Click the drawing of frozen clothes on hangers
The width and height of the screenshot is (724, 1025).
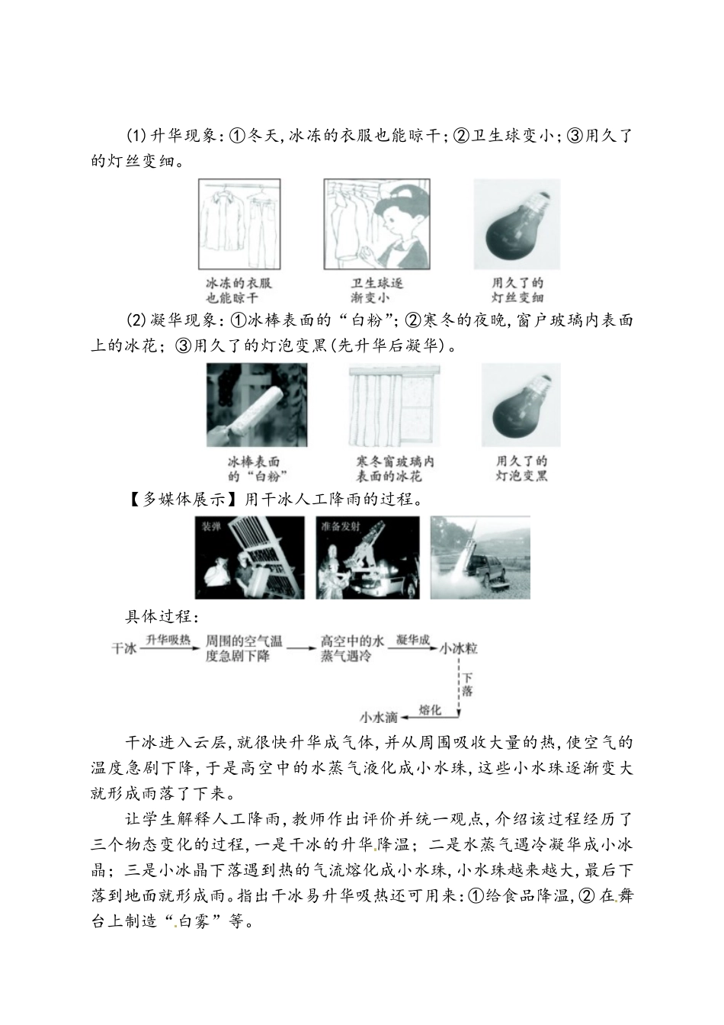[239, 224]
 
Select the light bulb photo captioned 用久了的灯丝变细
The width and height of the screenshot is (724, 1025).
[517, 224]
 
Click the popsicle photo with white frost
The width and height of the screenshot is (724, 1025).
[257, 405]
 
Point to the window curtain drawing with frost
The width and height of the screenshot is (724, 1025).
[394, 405]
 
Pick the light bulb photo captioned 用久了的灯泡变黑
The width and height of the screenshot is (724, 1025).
[521, 405]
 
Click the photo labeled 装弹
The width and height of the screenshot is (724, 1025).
[249, 557]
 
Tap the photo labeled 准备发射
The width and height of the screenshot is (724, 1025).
[368, 557]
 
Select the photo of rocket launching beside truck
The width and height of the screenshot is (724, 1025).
[480, 557]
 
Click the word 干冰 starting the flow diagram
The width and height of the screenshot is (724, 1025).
[123, 648]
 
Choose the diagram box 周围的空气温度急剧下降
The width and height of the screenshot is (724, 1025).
[244, 648]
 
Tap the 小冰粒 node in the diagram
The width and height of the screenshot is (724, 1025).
[459, 648]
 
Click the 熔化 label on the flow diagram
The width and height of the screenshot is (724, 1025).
[431, 709]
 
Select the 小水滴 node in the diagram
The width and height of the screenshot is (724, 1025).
[379, 717]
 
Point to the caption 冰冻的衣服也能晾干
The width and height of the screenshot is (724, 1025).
[239, 291]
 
